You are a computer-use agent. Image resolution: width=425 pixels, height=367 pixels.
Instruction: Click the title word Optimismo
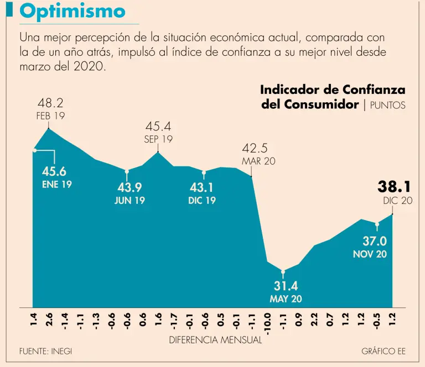point(73,12)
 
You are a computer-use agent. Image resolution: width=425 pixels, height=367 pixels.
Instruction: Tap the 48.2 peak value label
point(50,103)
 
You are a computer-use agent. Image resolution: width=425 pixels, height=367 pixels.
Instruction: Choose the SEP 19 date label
point(158,140)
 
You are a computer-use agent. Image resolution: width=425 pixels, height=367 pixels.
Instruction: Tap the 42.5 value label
point(255,149)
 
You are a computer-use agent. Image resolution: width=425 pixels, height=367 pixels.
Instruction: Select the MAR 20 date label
point(258,162)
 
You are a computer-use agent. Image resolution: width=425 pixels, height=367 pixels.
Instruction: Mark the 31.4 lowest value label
point(286,286)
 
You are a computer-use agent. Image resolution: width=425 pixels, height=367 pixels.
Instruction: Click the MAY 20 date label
point(286,299)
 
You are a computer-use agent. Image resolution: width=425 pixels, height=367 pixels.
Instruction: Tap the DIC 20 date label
point(397,201)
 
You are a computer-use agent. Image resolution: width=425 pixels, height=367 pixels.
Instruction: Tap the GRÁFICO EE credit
point(383,352)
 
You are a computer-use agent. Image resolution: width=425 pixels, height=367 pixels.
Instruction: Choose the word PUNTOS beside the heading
point(387,105)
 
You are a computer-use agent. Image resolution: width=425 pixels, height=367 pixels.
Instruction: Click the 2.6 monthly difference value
point(50,321)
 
